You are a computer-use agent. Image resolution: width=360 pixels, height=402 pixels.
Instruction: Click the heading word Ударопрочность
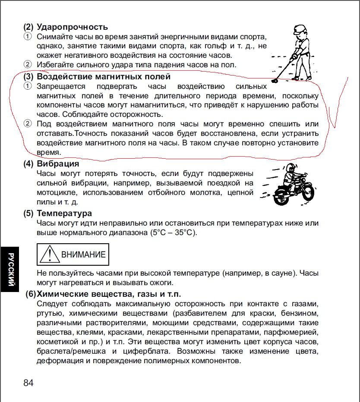(x=72, y=27)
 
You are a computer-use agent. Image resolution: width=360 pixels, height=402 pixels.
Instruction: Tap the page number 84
(x=28, y=383)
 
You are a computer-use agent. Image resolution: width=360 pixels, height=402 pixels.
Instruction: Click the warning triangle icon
(x=49, y=254)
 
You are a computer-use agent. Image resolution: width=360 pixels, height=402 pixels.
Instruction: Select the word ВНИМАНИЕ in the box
(x=83, y=254)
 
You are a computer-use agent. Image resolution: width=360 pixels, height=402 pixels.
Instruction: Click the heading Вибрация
(x=58, y=164)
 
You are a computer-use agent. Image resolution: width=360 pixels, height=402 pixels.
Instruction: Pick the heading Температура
(x=64, y=214)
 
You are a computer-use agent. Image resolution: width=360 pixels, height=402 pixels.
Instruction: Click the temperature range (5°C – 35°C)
(x=173, y=233)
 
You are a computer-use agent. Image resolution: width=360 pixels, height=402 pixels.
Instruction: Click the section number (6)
(x=30, y=294)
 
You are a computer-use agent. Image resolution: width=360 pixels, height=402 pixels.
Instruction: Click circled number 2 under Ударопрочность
(x=28, y=65)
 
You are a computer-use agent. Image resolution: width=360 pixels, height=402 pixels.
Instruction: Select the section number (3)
(x=28, y=77)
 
